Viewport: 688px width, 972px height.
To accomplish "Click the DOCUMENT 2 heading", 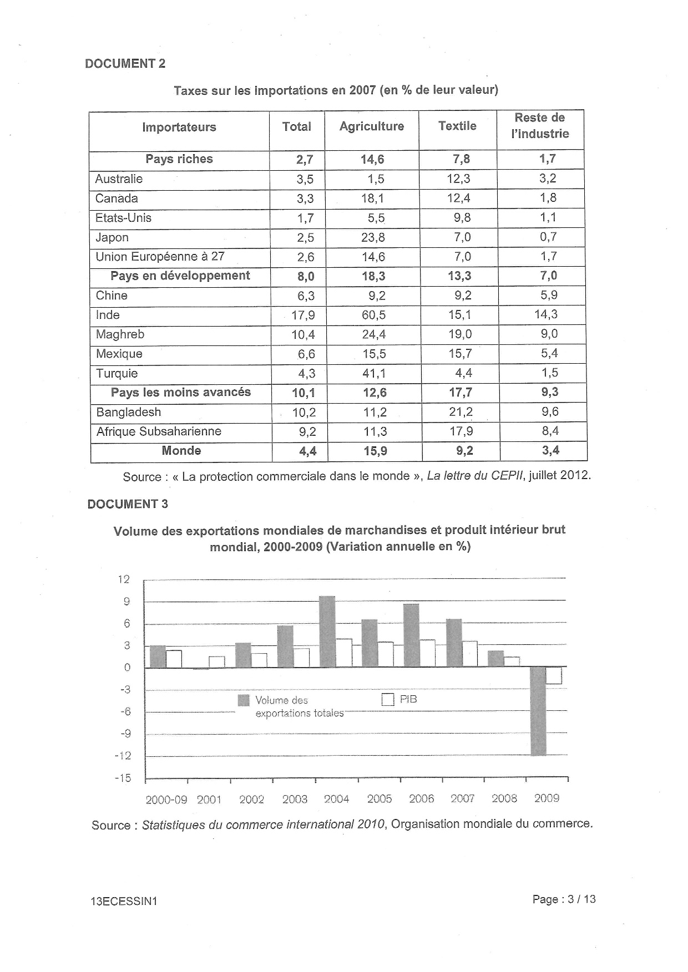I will point(125,63).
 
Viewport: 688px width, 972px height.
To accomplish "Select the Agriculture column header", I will point(371,126).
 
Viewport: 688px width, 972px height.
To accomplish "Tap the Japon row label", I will point(112,237).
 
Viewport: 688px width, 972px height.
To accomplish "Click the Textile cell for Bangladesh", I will point(461,412).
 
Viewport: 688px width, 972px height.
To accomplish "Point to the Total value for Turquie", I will point(306,373).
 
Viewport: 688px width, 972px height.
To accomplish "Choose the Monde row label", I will point(181,450).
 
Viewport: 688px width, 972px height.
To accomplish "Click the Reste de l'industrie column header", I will point(539,126).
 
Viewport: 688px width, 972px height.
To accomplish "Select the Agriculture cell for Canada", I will point(372,199).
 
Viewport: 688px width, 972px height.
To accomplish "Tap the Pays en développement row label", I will point(180,276).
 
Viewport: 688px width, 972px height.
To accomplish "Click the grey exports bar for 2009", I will point(538,711).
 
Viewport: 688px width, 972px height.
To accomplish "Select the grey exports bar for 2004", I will point(327,632).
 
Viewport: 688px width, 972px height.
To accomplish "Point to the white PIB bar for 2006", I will point(427,653).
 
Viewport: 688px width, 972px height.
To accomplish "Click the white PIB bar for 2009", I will point(554,675).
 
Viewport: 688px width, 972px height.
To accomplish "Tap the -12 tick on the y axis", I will point(123,756).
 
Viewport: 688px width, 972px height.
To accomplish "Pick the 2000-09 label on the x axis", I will point(166,800).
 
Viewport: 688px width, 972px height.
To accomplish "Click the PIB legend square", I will point(387,700).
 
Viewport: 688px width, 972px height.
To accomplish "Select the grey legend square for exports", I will point(244,700).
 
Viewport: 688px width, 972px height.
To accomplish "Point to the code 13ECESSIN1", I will point(124,901).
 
